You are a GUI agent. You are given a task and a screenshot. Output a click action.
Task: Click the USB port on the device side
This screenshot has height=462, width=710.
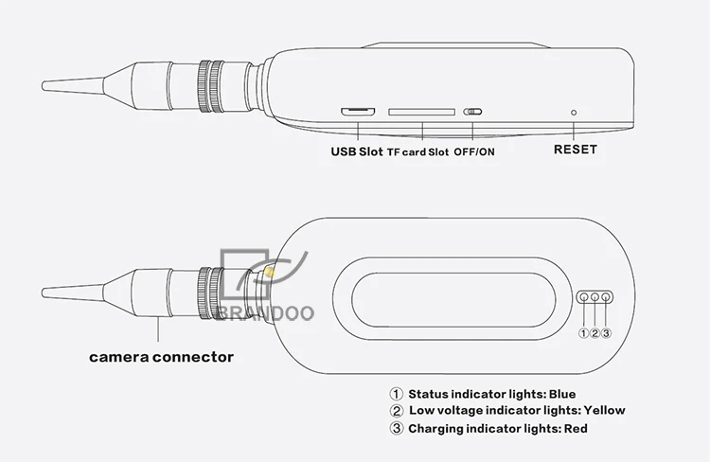(x=358, y=112)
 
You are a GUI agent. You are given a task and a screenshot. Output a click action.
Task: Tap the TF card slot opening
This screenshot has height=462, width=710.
(x=421, y=112)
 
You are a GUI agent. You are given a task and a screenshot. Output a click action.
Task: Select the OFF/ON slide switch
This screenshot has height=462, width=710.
(x=472, y=112)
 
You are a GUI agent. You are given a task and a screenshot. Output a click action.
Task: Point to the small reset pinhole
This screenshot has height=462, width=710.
(x=574, y=113)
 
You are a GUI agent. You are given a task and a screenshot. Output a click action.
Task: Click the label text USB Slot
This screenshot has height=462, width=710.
(x=357, y=151)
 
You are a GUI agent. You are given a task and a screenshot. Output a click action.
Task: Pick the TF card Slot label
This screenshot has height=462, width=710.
(x=417, y=152)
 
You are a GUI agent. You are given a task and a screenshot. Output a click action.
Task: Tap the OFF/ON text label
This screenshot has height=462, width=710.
(x=474, y=151)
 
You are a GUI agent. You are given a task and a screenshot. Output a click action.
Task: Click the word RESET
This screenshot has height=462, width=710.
(x=575, y=150)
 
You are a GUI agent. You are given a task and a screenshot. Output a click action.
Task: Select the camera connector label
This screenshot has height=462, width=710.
(x=161, y=357)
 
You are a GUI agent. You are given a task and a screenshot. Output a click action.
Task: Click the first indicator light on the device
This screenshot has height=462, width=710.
(x=584, y=297)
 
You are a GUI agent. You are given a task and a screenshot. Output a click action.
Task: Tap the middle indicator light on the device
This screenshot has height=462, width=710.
(x=595, y=297)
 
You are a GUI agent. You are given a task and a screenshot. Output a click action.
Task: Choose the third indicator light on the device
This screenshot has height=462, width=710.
(x=606, y=297)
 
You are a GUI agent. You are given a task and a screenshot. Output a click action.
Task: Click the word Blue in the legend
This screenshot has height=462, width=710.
(x=562, y=394)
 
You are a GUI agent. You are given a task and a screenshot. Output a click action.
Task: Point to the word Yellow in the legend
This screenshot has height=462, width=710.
(x=604, y=410)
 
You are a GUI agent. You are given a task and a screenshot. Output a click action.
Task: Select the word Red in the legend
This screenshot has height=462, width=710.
(x=576, y=429)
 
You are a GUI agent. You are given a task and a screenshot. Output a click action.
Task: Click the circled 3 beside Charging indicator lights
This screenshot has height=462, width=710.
(x=397, y=429)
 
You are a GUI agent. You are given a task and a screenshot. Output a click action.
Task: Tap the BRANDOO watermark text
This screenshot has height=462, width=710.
(x=266, y=313)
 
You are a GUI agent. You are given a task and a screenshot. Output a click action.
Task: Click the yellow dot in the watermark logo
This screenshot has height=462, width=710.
(x=270, y=273)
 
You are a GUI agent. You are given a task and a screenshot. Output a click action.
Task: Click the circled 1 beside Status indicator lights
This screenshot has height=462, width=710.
(x=397, y=394)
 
